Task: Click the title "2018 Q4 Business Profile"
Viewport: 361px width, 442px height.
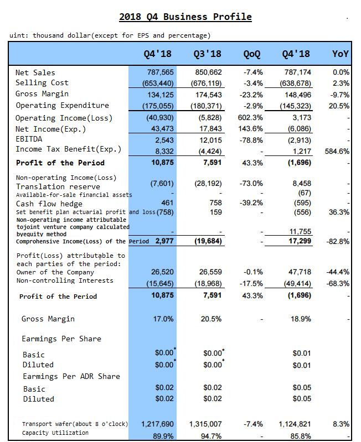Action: coord(185,17)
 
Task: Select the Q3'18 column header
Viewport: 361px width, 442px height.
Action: coord(208,54)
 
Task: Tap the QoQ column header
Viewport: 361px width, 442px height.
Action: coord(252,54)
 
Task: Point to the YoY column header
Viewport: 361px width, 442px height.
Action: coord(340,54)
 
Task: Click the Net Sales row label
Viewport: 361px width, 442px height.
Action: coord(35,72)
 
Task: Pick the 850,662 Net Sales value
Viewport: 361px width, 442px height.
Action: coord(208,72)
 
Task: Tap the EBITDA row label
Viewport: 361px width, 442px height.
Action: coord(29,139)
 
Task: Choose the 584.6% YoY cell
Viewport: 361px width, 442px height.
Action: coord(337,150)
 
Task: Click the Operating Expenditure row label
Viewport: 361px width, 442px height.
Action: coord(62,105)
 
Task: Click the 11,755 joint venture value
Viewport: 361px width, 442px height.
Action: coord(301,232)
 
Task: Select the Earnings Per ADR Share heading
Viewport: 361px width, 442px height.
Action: coord(71,376)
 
